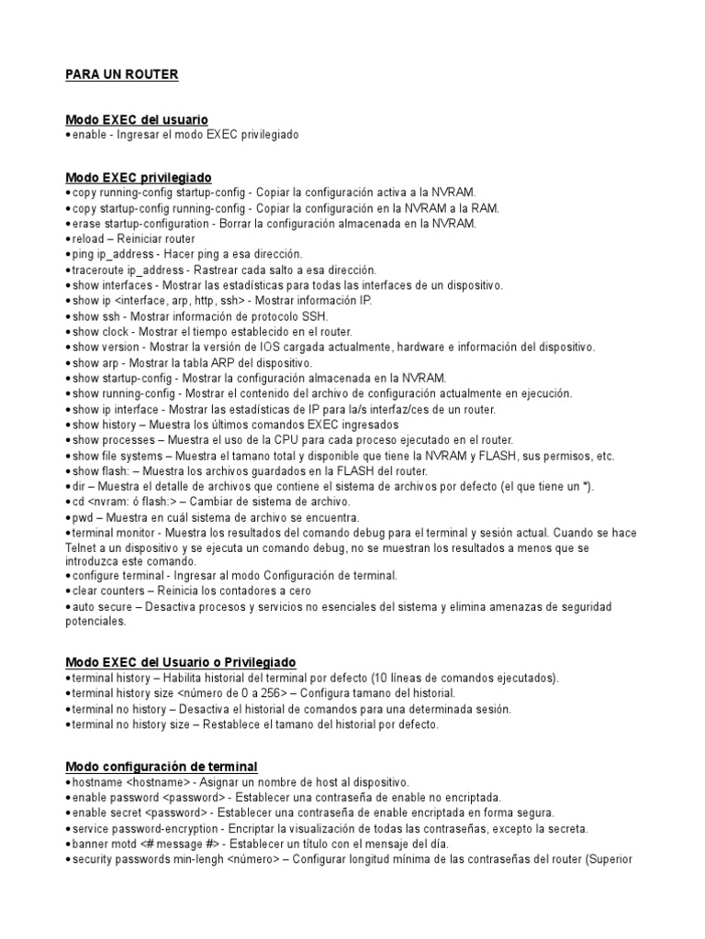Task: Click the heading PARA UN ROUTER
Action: [x=122, y=74]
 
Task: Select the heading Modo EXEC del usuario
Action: [x=137, y=120]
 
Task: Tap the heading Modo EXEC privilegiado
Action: [x=139, y=177]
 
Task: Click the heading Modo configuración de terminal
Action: [x=162, y=767]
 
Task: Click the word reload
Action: [x=87, y=238]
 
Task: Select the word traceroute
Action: [x=99, y=270]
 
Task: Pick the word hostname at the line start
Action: [x=95, y=782]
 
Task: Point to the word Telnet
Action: [x=82, y=548]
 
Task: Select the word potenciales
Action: [x=95, y=621]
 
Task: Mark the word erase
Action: [x=86, y=223]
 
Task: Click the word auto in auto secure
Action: [x=84, y=607]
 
